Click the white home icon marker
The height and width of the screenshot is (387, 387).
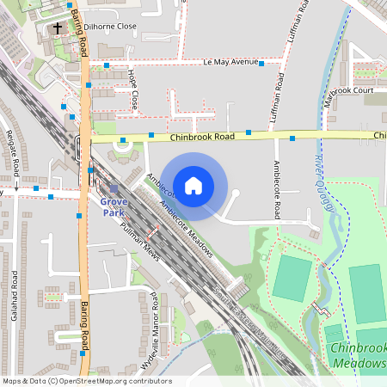click(193, 186)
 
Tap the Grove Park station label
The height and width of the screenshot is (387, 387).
click(114, 206)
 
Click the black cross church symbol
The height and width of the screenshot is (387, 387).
click(58, 28)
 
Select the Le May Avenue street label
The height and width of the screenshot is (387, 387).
click(230, 63)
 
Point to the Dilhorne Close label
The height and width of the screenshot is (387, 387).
click(111, 27)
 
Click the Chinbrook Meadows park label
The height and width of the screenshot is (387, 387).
click(357, 355)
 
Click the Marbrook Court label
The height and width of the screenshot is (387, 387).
click(349, 90)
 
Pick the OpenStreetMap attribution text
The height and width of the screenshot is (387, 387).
click(86, 381)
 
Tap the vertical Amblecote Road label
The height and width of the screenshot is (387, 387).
click(277, 188)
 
